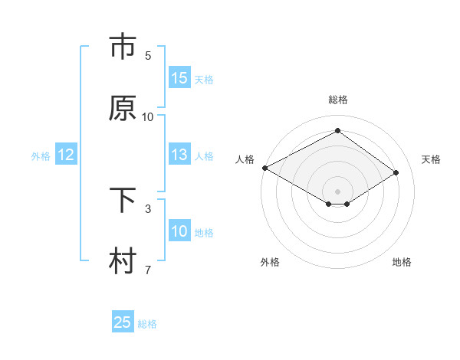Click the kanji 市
coord(123,47)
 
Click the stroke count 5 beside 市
coord(148,56)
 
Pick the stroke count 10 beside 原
coord(148,117)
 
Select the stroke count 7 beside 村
coord(148,270)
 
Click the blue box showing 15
coord(179,78)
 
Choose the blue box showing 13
coord(179,155)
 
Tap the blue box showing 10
coord(179,231)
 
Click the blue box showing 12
coord(66,155)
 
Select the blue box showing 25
coord(123,322)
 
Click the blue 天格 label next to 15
coord(204,80)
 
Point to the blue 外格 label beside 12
coord(41,156)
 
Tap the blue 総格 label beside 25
coord(147,324)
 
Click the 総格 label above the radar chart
coord(337,100)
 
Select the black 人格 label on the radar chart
coord(245,159)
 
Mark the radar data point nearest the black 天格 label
coord(396,173)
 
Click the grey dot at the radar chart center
coord(337,190)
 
